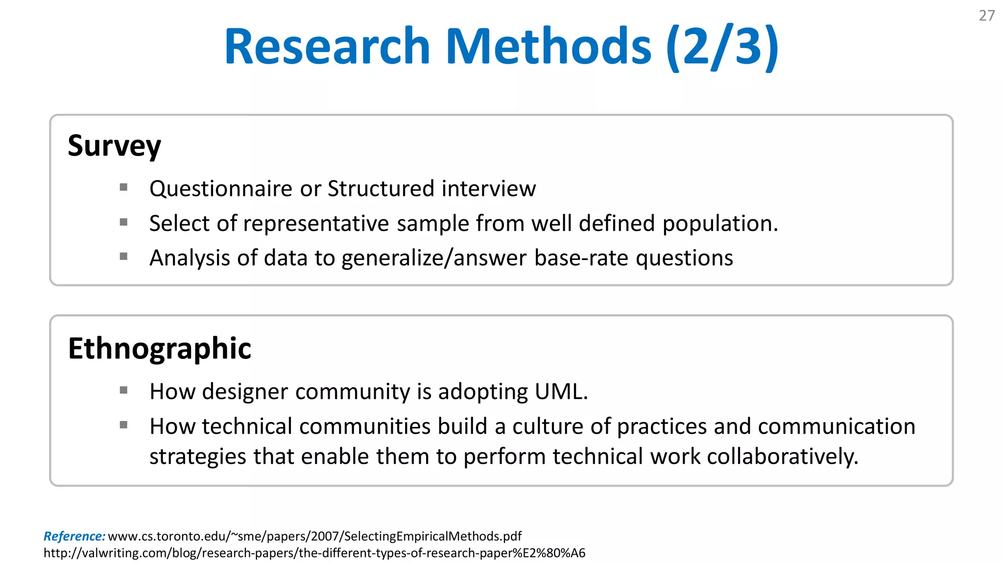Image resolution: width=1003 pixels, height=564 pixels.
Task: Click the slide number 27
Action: (x=986, y=16)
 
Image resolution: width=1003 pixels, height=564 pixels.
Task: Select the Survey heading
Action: (x=114, y=146)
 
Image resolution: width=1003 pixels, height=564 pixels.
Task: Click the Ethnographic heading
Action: (x=160, y=349)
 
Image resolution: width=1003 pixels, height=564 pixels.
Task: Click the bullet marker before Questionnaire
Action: (x=123, y=187)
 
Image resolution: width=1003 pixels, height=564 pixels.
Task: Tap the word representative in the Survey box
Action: (x=316, y=224)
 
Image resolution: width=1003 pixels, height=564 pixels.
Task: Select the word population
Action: (x=720, y=224)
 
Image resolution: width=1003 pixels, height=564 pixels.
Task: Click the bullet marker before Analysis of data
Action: (x=123, y=256)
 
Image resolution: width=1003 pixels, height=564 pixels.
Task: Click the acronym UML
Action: (x=561, y=392)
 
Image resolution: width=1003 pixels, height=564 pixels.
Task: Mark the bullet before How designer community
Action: (x=123, y=390)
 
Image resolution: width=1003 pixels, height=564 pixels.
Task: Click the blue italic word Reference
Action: (x=74, y=536)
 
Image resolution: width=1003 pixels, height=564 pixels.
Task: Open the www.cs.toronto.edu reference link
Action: (x=314, y=536)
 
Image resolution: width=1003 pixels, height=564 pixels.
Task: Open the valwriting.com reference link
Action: (x=314, y=553)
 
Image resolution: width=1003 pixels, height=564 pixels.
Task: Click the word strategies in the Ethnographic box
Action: (x=198, y=457)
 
